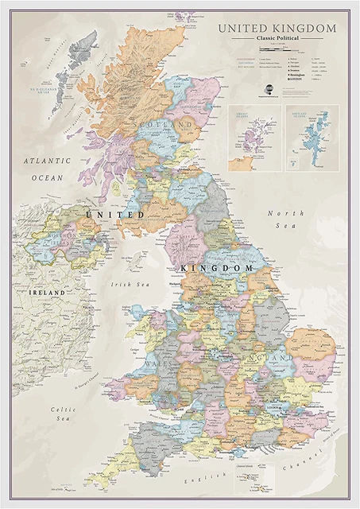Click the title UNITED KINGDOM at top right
277,29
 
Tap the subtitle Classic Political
277,39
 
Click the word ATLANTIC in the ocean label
47,161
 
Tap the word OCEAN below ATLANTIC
47,178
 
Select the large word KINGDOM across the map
218,269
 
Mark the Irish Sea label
130,283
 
